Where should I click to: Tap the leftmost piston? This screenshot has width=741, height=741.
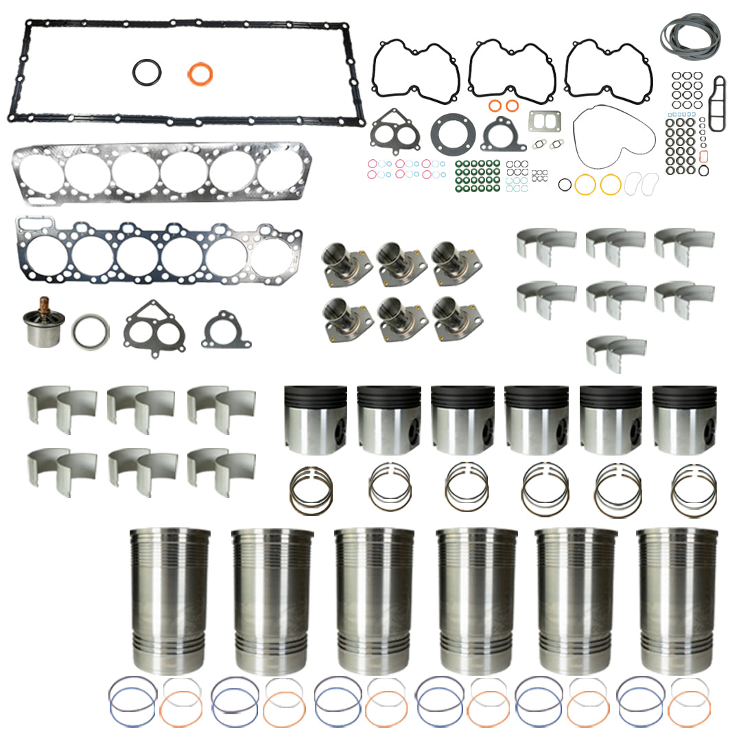coord(315,419)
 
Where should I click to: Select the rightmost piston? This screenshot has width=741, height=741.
coord(684,419)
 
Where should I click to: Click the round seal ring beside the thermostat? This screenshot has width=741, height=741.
coord(91,331)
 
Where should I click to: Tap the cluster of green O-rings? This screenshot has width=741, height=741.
coord(478,174)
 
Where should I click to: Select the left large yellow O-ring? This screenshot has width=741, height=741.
coord(585,185)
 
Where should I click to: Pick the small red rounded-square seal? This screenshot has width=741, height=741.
coord(704,156)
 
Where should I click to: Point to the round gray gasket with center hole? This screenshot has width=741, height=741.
coord(451,132)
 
